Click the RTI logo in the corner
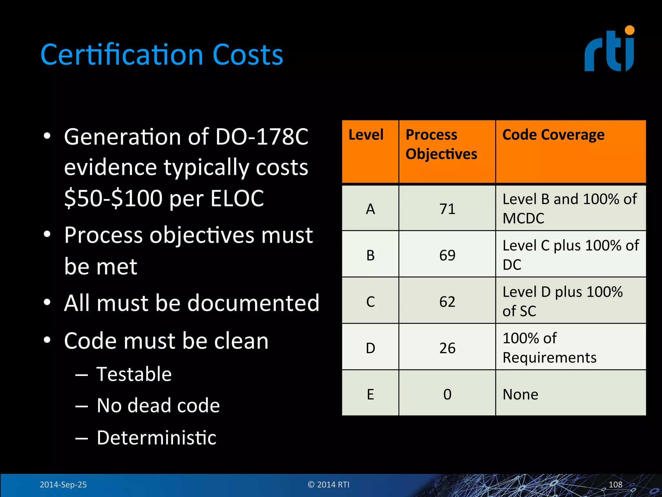click(609, 49)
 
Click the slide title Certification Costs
click(162, 55)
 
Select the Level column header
click(366, 135)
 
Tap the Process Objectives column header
click(441, 144)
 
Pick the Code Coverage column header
click(553, 135)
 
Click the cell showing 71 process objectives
click(447, 209)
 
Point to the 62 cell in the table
click(447, 302)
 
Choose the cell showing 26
click(447, 348)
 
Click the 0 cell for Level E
click(447, 394)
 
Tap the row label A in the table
click(370, 209)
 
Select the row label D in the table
click(370, 348)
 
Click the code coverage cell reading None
click(520, 394)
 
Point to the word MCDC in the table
click(523, 218)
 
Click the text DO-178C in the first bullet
click(262, 137)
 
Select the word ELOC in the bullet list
click(237, 198)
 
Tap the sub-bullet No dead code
click(158, 405)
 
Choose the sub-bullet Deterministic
click(156, 438)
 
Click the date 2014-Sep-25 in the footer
click(63, 485)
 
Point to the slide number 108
click(615, 485)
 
